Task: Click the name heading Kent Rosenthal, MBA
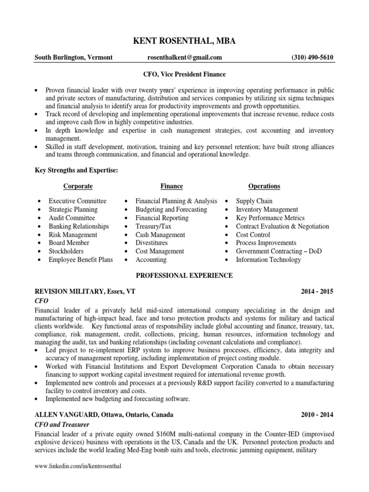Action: pos(184,42)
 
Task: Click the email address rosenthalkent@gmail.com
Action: pos(184,58)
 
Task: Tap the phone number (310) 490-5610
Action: pos(312,58)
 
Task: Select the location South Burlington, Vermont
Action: pos(73,58)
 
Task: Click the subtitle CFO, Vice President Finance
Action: pos(185,74)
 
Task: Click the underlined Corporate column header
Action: pos(78,186)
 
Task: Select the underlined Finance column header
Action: pos(172,186)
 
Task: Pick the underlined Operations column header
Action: pos(264,186)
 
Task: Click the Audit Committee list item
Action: pos(72,218)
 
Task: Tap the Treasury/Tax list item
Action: pos(152,226)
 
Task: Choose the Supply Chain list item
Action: pos(254,201)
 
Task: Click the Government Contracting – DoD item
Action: pos(272,251)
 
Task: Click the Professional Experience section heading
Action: pos(184,275)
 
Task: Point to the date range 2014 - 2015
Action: pos(317,292)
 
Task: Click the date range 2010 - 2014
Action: pos(317,415)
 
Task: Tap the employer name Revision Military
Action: pos(64,292)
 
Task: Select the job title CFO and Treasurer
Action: pos(61,425)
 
